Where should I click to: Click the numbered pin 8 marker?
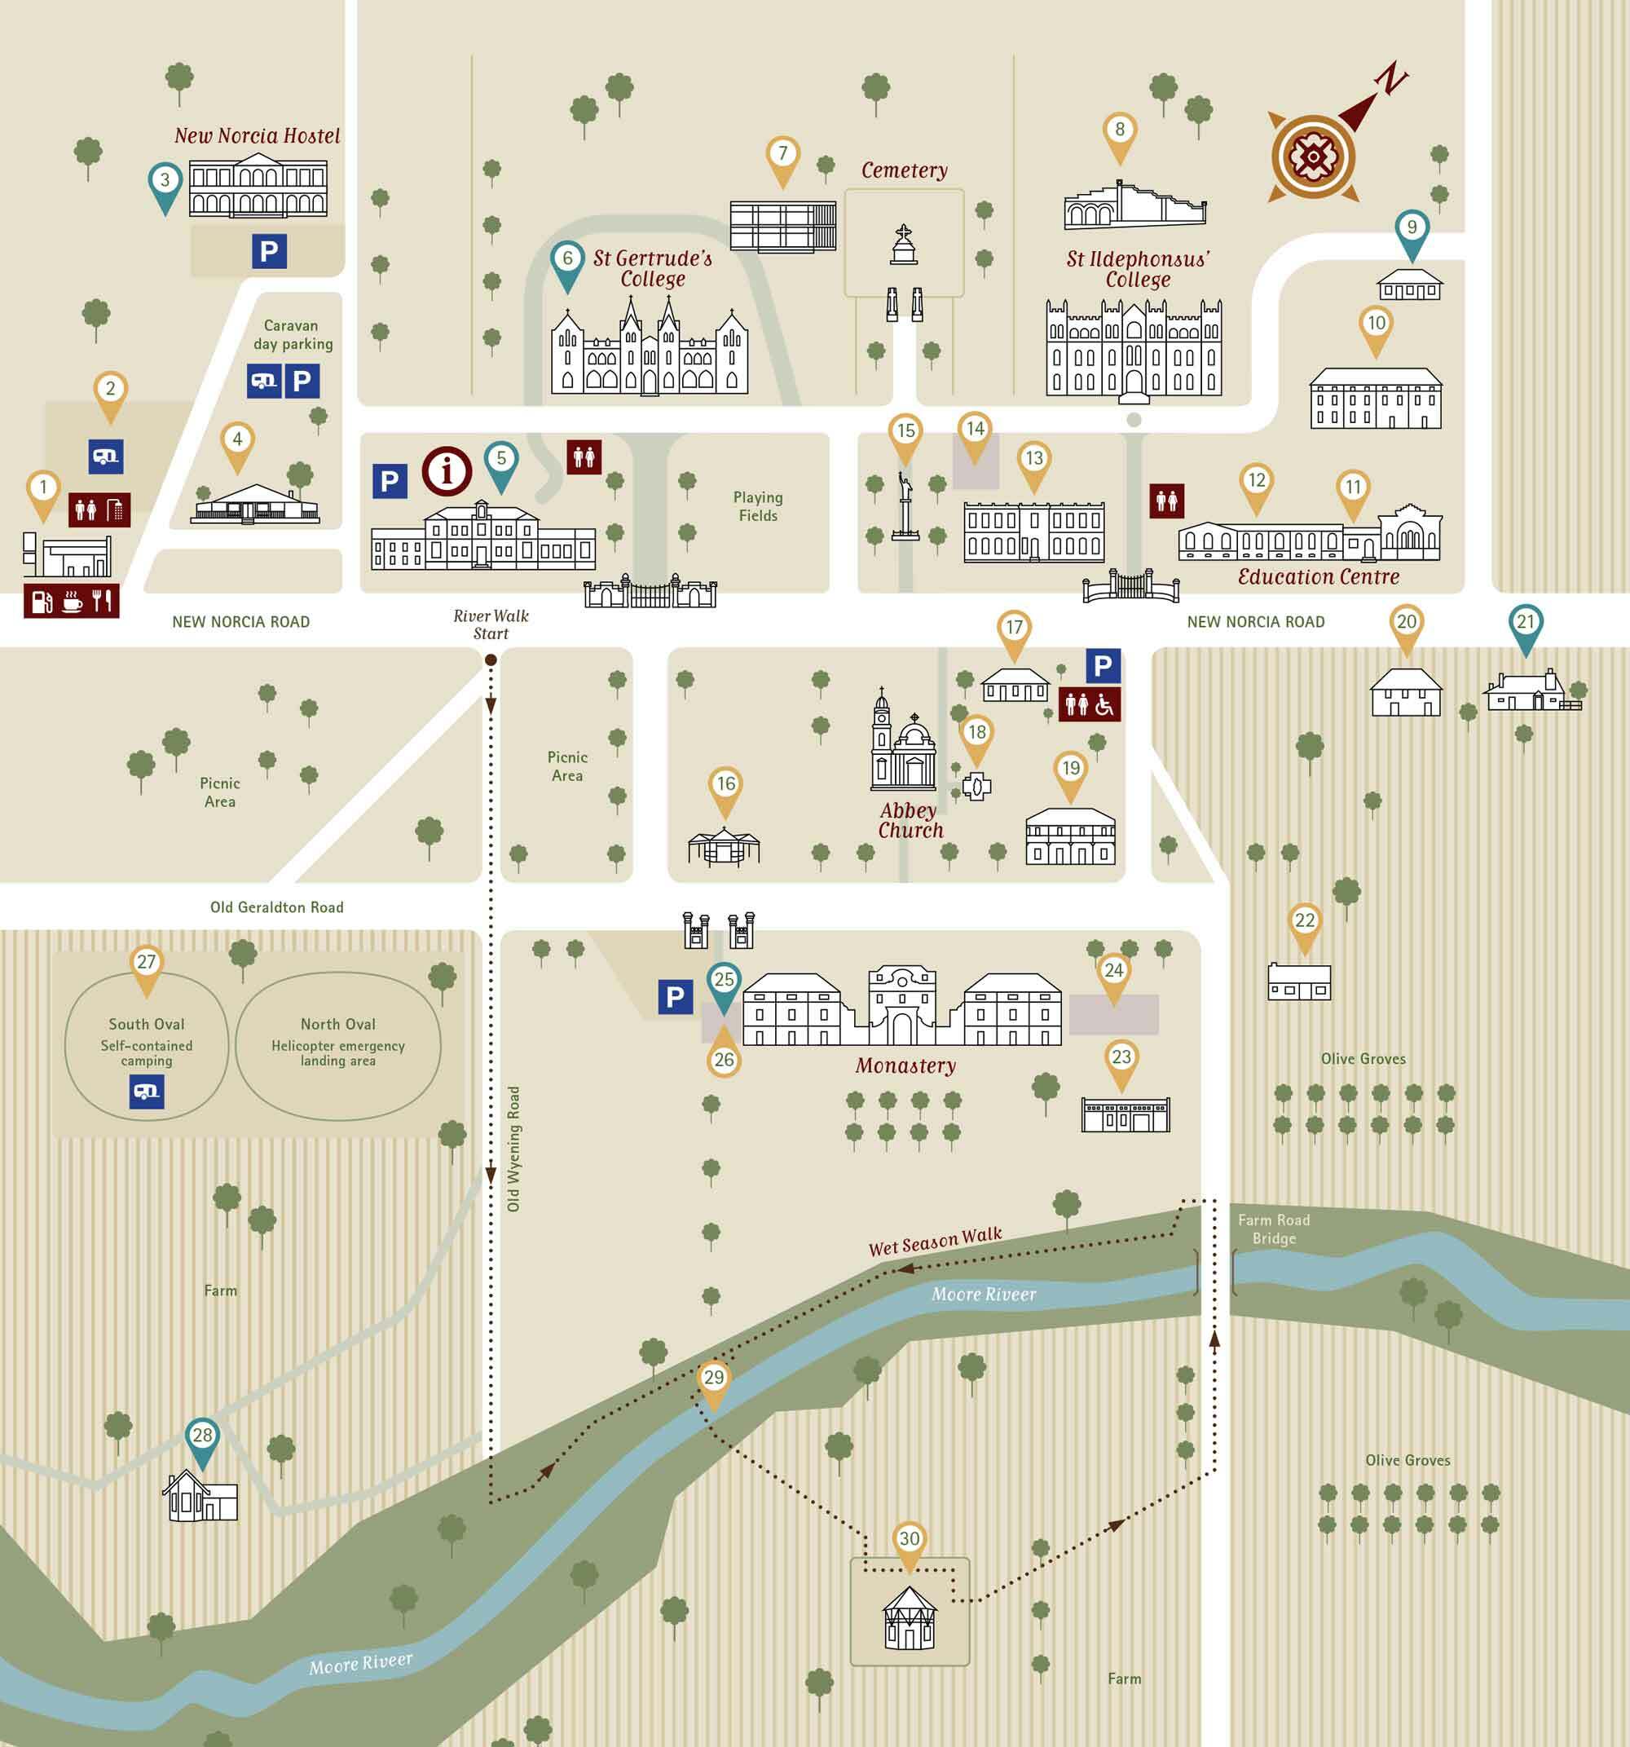[x=1119, y=132]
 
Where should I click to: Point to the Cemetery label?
[x=904, y=170]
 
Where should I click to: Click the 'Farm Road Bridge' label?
[x=1273, y=1229]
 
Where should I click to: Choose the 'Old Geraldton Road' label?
[x=277, y=907]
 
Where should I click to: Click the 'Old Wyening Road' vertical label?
[x=514, y=1149]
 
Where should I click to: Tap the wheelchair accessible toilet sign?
[x=1090, y=705]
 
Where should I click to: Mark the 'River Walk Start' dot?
[x=491, y=659]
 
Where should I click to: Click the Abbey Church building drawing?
[x=903, y=745]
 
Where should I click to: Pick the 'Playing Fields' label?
[x=757, y=506]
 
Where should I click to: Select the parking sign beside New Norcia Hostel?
[x=269, y=252]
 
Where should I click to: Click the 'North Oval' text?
[x=337, y=1024]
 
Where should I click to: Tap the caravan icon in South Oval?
[x=147, y=1092]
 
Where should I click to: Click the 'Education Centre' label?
[x=1317, y=576]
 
